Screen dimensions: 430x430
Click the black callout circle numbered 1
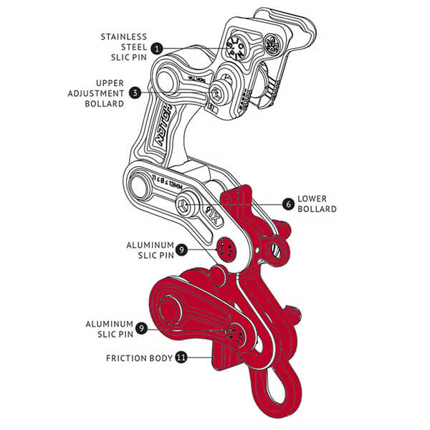(156, 48)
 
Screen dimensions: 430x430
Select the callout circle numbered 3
(135, 92)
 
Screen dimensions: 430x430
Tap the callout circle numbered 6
(288, 204)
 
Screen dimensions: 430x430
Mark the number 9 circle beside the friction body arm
(142, 329)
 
